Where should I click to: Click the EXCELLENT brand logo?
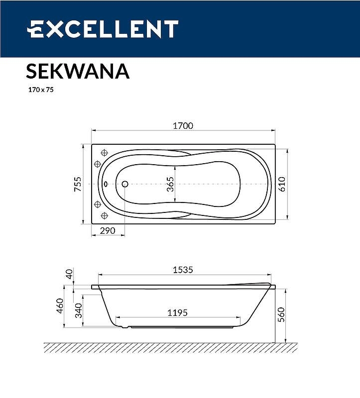pos(102,29)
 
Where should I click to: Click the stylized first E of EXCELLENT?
pos(35,29)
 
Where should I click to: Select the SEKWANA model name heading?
pos(77,71)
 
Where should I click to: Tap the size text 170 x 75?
pos(40,91)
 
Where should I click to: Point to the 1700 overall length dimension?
pos(183,126)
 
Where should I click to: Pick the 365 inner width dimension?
pos(170,185)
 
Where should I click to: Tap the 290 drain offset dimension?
pos(108,231)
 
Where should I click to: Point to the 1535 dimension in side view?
pos(183,270)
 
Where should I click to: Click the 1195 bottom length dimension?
pos(177,312)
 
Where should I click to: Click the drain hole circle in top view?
pos(125,184)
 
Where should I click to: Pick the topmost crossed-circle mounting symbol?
pos(105,153)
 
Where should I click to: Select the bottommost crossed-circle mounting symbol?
pos(105,215)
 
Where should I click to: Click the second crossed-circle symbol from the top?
pos(98,164)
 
